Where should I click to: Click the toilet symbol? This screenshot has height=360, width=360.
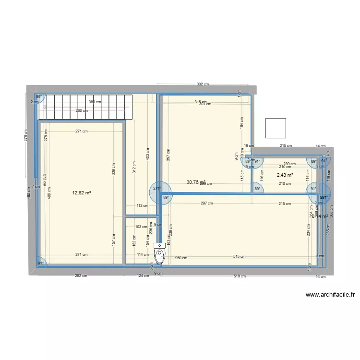point(160,253)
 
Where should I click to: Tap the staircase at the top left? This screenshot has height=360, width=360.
point(85,106)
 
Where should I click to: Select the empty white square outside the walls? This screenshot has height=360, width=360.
point(276,128)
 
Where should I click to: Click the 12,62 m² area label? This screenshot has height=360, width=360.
point(82,193)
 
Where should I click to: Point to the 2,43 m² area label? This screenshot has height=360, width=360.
point(285,175)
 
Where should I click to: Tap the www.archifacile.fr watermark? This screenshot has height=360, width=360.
point(329,296)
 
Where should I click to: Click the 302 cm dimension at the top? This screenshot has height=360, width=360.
point(203,84)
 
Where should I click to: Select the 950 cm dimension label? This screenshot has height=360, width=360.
point(181,258)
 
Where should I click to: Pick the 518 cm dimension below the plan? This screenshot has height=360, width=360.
point(240,276)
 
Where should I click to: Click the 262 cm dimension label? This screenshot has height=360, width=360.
point(81,276)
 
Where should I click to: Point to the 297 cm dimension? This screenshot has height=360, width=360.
point(207,204)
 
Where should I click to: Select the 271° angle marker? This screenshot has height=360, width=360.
point(156,188)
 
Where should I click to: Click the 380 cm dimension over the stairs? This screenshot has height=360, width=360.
point(95,102)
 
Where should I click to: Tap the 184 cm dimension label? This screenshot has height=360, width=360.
point(242,123)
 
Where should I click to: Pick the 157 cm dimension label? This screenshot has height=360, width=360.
point(114,240)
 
